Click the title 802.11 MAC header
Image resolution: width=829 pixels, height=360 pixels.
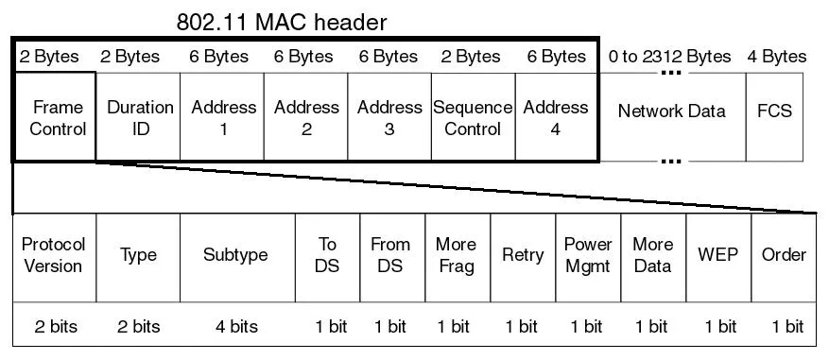pos(282,22)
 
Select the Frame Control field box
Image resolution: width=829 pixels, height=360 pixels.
pos(54,116)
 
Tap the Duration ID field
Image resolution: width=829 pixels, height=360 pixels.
pos(138,116)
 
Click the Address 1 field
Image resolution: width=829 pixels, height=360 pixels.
pos(222,116)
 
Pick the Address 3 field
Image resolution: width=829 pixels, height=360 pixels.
pos(389,116)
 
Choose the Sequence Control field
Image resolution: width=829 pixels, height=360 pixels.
pos(474,116)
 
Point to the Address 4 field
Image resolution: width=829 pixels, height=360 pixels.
pos(557,116)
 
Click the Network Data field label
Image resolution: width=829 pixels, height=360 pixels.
pos(671,111)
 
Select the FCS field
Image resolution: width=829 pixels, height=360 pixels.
pos(774,116)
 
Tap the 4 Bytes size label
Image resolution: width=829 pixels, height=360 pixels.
pos(777,57)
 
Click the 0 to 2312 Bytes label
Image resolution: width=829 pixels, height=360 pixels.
pos(669,57)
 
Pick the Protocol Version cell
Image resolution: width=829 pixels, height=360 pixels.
pos(55,257)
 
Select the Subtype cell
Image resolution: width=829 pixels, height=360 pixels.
pos(237,257)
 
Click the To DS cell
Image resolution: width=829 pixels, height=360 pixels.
pos(327,257)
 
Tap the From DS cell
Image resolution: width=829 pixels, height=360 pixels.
pos(392,257)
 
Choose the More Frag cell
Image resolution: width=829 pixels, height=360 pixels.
pos(458,257)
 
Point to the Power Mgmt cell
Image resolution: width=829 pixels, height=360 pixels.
pos(589,257)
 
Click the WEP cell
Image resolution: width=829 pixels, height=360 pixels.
pos(718,257)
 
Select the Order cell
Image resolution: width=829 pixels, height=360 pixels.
pos(784,257)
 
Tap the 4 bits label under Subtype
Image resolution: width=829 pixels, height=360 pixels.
pos(236,326)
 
